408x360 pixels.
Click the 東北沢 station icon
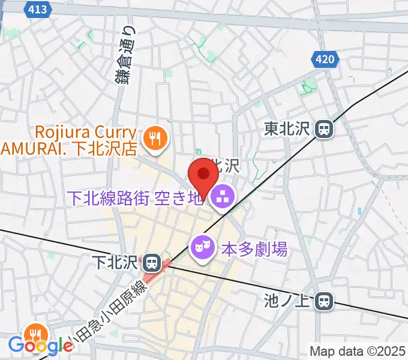pyautogui.click(x=325, y=128)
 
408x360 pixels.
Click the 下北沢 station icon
pyautogui.click(x=151, y=262)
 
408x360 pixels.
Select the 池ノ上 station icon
pyautogui.click(x=325, y=301)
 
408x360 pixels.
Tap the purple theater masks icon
pyautogui.click(x=200, y=246)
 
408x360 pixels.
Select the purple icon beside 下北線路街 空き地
pyautogui.click(x=223, y=196)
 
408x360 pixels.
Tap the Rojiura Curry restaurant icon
pyautogui.click(x=156, y=139)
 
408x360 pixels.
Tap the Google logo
pyautogui.click(x=41, y=346)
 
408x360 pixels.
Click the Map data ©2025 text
pyautogui.click(x=358, y=351)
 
